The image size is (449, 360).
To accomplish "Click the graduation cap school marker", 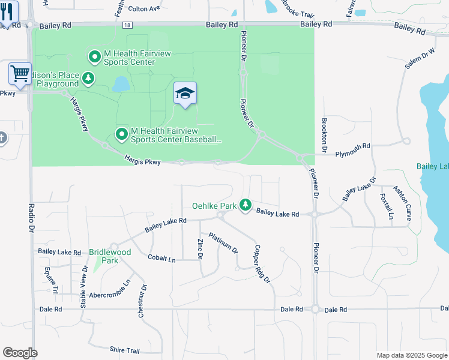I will click(185, 94).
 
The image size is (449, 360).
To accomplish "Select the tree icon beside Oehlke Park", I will click(246, 205).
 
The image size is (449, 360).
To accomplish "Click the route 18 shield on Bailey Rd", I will click(127, 25).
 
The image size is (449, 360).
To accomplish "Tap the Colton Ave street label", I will click(145, 8).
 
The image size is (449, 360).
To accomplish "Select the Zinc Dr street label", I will click(200, 248).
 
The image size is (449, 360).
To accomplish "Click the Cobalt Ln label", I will click(161, 258).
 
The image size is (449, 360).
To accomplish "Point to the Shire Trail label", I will click(124, 350).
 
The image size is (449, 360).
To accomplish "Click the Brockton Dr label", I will click(324, 133).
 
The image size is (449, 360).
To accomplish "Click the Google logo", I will click(20, 353).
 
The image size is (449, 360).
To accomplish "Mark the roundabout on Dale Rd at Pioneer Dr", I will click(315, 309).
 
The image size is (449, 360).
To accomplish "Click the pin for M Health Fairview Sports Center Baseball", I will click(122, 134).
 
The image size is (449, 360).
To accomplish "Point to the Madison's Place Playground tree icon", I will click(88, 79).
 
